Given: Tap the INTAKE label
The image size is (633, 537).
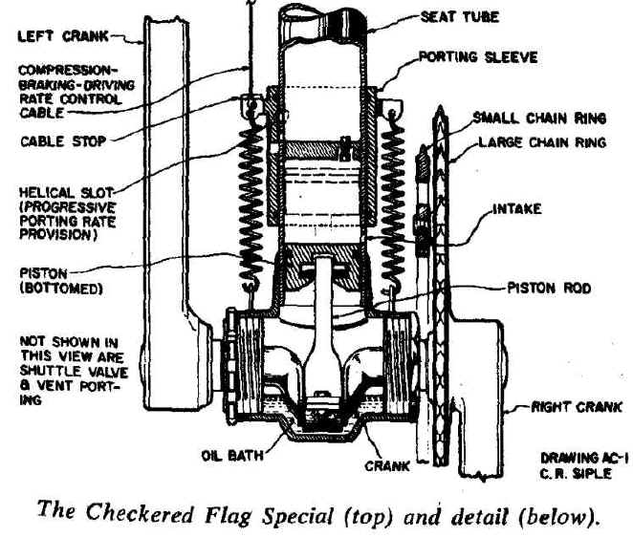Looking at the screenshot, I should coord(516,208).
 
